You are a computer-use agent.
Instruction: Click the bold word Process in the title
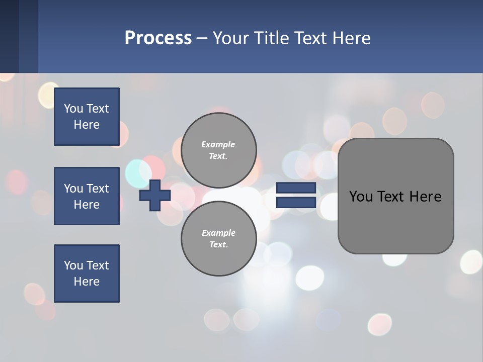pyautogui.click(x=158, y=38)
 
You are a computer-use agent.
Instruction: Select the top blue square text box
pyautogui.click(x=87, y=117)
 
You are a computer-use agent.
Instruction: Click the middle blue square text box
pyautogui.click(x=87, y=196)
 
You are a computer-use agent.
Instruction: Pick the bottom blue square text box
pyautogui.click(x=87, y=274)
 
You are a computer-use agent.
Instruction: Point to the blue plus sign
pyautogui.click(x=155, y=195)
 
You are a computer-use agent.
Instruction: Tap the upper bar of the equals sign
pyautogui.click(x=296, y=188)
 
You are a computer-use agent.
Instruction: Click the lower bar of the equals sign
pyautogui.click(x=296, y=202)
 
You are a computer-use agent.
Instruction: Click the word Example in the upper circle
pyautogui.click(x=218, y=144)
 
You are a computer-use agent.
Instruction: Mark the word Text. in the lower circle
pyautogui.click(x=218, y=244)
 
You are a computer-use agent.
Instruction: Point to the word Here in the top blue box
pyautogui.click(x=87, y=125)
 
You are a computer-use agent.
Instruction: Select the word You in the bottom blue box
pyautogui.click(x=73, y=265)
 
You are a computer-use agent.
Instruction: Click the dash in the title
pyautogui.click(x=202, y=38)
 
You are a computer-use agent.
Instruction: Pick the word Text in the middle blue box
pyautogui.click(x=98, y=189)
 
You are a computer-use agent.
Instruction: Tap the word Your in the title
pyautogui.click(x=230, y=38)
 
